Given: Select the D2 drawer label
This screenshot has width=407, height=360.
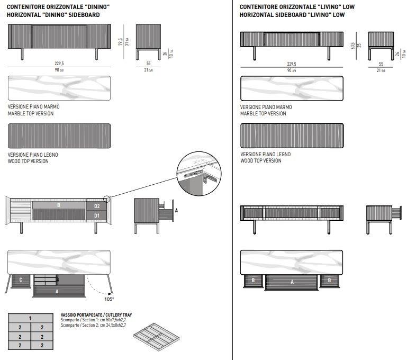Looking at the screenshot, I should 97,206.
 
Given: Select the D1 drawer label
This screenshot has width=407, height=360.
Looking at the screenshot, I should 97,215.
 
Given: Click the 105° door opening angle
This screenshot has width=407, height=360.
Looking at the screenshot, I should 108,299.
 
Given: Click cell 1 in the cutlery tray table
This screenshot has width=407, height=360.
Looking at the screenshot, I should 30,318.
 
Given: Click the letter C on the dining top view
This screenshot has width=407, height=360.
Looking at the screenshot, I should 20,280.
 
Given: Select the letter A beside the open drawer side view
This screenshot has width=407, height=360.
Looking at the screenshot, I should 176,210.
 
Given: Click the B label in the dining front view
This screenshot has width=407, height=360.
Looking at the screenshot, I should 58,205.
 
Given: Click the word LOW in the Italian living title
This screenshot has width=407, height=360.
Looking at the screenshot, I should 348,7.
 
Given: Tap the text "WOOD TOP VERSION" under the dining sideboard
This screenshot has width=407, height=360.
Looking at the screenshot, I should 28,161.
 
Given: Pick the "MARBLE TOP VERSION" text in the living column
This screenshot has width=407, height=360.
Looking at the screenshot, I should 263,113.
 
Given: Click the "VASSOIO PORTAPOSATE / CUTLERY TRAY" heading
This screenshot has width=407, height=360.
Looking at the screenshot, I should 96,315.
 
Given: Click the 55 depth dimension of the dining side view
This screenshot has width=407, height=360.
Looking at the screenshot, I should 149,64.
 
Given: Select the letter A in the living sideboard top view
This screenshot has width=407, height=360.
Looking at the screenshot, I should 292,282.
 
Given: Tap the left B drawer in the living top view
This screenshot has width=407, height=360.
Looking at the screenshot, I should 253,280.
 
